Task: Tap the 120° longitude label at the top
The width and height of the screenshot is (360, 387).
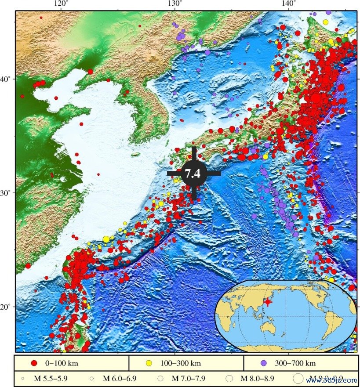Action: pos(61,4)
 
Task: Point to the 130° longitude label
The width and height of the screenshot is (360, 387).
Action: pos(175,4)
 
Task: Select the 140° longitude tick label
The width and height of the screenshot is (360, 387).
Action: pos(288,4)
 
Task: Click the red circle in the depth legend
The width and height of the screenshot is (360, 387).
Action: pos(34,363)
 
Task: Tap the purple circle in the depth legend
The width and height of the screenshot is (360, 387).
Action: pos(263,363)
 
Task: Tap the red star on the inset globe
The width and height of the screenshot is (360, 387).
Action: pos(268,303)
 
